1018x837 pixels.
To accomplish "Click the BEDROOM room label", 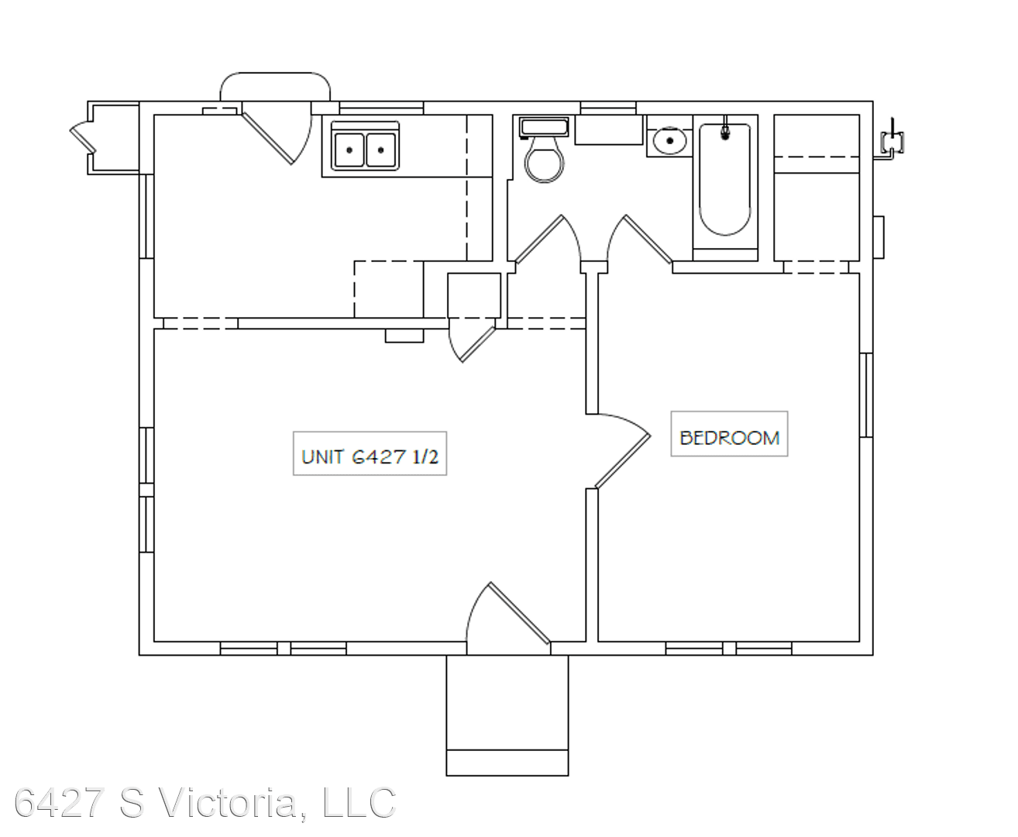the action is [729, 438].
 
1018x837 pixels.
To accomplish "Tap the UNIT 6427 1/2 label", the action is [370, 457].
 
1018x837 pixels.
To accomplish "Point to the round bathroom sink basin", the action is [669, 141].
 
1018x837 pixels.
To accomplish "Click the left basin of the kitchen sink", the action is [349, 150].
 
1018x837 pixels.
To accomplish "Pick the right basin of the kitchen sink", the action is [381, 150].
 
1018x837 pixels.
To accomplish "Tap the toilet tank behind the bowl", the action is [544, 128].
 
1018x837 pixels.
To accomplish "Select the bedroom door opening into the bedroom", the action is [623, 450].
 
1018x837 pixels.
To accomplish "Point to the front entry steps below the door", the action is [507, 715].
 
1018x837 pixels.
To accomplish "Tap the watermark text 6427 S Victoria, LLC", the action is [205, 803].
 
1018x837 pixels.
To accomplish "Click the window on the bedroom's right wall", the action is [866, 395].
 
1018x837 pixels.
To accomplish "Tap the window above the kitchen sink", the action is [381, 108].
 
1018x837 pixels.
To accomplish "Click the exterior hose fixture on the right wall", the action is [891, 141].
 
